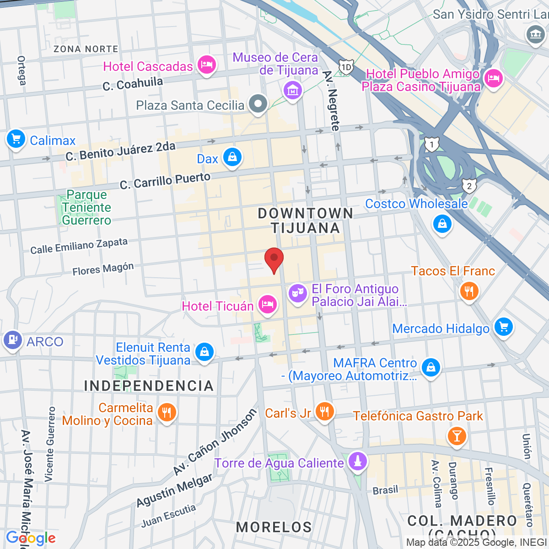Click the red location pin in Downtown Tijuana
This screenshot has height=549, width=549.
[274, 259]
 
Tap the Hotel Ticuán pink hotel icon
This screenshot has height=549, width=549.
[268, 304]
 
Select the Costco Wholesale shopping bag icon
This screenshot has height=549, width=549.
[442, 224]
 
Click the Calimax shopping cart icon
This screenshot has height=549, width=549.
[16, 138]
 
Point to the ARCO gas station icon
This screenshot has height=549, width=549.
[12, 340]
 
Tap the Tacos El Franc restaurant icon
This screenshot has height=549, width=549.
[469, 291]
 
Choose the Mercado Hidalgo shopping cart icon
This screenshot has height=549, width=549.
[503, 327]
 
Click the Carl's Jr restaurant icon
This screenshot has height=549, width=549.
[324, 411]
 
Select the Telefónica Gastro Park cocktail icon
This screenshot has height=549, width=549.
[457, 435]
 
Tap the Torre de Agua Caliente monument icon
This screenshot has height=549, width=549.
[358, 461]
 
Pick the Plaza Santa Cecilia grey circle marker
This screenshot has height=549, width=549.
[258, 103]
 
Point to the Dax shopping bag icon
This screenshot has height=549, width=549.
[232, 157]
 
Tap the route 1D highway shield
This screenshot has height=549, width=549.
[346, 68]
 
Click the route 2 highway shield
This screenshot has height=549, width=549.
[469, 186]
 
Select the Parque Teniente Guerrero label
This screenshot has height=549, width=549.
[86, 208]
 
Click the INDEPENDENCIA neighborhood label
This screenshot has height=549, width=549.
[149, 386]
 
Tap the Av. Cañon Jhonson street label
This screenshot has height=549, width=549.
[215, 442]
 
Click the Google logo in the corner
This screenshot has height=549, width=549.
[31, 538]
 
